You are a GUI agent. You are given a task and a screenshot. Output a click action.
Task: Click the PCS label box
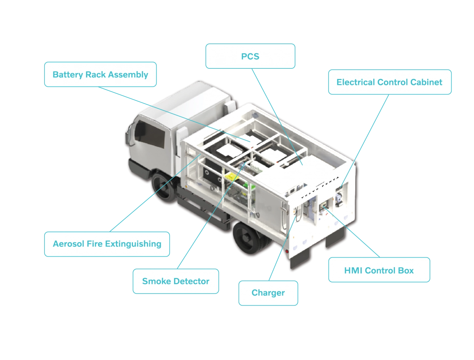(250, 56)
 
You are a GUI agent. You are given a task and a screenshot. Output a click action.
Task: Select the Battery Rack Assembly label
(100, 74)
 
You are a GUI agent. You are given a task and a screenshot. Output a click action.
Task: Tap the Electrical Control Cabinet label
(389, 82)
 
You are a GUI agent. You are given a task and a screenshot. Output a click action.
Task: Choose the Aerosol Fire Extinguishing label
(107, 244)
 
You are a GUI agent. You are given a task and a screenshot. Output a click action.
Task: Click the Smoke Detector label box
(175, 281)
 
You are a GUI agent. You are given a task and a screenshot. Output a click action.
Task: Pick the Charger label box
(268, 293)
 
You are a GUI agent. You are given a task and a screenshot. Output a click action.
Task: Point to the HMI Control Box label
(379, 270)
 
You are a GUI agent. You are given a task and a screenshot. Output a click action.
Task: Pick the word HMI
(353, 270)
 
